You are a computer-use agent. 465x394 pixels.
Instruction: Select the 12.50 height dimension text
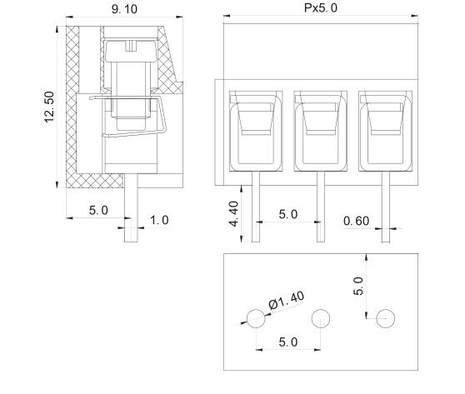click(x=49, y=107)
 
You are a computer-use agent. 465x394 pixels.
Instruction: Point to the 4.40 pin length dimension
click(x=235, y=213)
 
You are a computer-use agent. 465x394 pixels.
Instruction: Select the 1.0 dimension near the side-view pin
click(x=158, y=220)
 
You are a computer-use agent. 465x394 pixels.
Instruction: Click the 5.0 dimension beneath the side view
click(x=98, y=210)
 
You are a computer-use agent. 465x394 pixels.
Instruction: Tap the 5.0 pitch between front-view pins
click(x=287, y=214)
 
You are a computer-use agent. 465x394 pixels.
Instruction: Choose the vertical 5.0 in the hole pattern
click(x=359, y=287)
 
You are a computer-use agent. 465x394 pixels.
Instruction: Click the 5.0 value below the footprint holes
click(x=287, y=341)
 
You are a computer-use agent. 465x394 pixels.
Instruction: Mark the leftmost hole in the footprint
click(x=256, y=317)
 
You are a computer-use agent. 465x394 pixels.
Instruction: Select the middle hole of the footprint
click(x=320, y=317)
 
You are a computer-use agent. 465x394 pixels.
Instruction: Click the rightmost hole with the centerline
click(x=384, y=317)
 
